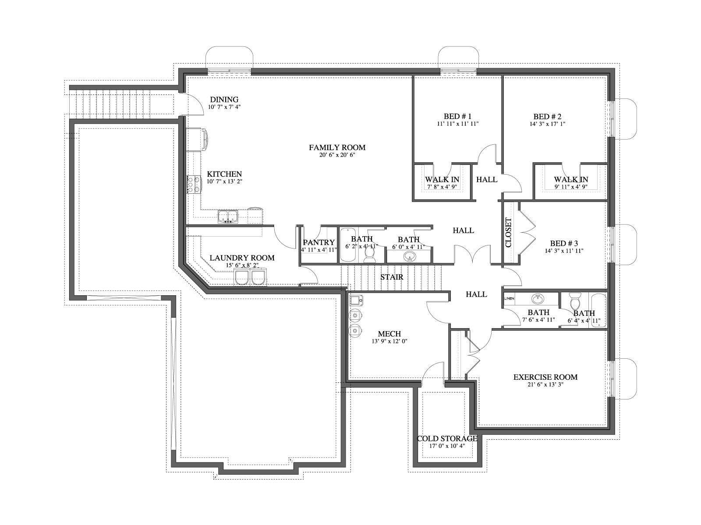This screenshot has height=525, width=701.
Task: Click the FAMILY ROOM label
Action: coord(337,147)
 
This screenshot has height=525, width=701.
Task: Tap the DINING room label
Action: coord(224,99)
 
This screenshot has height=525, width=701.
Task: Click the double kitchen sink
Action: coord(228,217)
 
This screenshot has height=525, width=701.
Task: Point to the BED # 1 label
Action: coord(458,116)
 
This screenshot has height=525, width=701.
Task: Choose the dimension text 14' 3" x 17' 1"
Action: coord(547,124)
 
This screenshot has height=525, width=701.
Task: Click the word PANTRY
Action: coord(319,242)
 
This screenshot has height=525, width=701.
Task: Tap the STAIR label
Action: coord(392,277)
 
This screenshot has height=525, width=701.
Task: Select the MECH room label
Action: coord(389,334)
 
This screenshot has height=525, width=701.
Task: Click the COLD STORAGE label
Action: coord(447,439)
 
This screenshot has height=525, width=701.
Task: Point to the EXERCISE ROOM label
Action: coord(545,377)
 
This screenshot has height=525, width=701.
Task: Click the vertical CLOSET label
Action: coord(508,232)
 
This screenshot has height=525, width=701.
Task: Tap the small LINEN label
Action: coord(509,299)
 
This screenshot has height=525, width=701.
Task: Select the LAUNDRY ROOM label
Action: coord(242,258)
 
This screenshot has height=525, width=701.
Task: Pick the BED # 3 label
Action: coord(564,244)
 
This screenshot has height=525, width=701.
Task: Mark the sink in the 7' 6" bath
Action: coord(538,299)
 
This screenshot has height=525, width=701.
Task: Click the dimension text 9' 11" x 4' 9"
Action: coord(571,187)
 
